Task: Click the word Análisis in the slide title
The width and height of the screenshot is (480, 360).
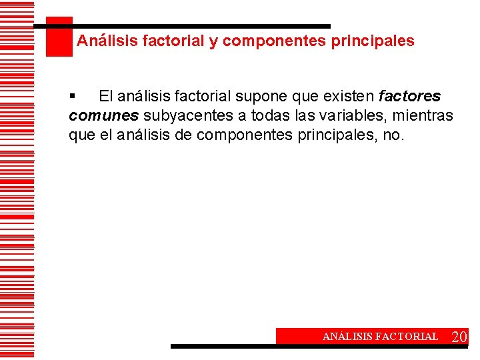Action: pyautogui.click(x=104, y=41)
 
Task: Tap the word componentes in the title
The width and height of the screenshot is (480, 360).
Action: pyautogui.click(x=275, y=41)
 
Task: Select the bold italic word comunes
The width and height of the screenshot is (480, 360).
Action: pyautogui.click(x=103, y=116)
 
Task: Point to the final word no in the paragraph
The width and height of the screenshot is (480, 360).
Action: pyautogui.click(x=395, y=135)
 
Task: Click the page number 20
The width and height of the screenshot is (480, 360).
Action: pyautogui.click(x=459, y=337)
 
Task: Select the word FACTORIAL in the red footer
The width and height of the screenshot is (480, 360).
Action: pyautogui.click(x=407, y=337)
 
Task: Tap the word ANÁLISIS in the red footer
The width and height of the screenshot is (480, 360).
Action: pyautogui.click(x=347, y=337)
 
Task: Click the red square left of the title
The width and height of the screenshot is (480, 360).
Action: pyautogui.click(x=59, y=37)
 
